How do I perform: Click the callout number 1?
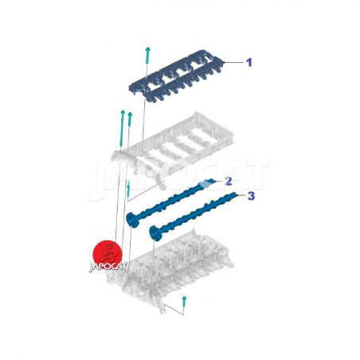tap(248, 63)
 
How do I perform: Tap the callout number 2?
tap(228, 182)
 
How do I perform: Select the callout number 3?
tap(251, 196)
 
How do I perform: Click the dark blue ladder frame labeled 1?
tap(177, 76)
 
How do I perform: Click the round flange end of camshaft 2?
tap(132, 220)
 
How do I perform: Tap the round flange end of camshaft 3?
tap(155, 233)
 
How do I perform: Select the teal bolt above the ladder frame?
tap(147, 56)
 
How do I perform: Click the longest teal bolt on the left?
tap(122, 128)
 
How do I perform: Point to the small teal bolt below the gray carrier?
tap(128, 188)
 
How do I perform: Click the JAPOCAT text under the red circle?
tap(108, 267)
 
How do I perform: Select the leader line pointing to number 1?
tap(233, 63)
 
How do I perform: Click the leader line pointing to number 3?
tap(241, 195)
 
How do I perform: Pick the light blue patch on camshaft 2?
tap(204, 183)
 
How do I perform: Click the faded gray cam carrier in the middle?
tap(173, 149)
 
